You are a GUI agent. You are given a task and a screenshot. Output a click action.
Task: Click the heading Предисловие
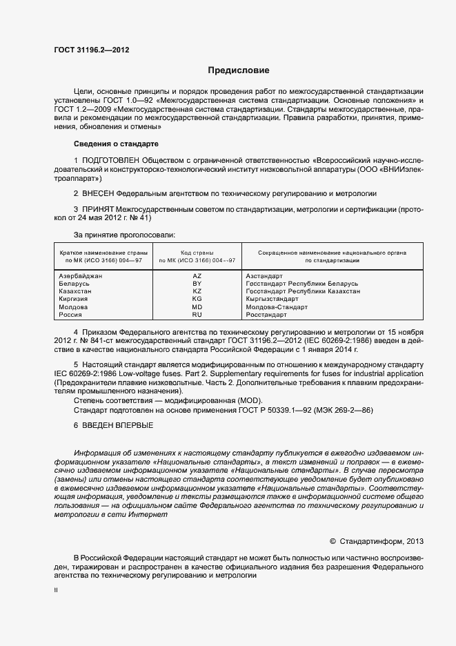(239, 70)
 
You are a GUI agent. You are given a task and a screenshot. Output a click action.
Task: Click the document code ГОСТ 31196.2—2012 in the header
(92, 50)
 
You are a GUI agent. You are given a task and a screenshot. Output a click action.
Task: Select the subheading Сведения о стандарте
(116, 144)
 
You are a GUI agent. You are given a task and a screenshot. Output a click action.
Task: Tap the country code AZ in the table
(197, 275)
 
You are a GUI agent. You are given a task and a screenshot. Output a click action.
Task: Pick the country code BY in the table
(197, 284)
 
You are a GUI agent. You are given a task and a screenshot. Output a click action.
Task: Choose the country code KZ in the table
(197, 291)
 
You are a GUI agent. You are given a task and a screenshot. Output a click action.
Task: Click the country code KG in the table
(197, 299)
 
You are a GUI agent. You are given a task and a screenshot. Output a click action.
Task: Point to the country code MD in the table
(197, 306)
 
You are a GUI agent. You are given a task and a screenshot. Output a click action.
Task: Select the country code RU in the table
(197, 314)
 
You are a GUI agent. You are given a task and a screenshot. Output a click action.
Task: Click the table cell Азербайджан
(81, 275)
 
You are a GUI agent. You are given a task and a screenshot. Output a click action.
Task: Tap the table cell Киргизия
(75, 299)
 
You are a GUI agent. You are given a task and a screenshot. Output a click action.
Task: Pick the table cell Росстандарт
(266, 314)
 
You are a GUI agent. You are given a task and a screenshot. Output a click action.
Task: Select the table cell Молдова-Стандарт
(277, 306)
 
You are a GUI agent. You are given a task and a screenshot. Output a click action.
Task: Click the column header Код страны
(197, 253)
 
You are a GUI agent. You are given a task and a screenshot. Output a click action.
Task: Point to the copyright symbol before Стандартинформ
(333, 540)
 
